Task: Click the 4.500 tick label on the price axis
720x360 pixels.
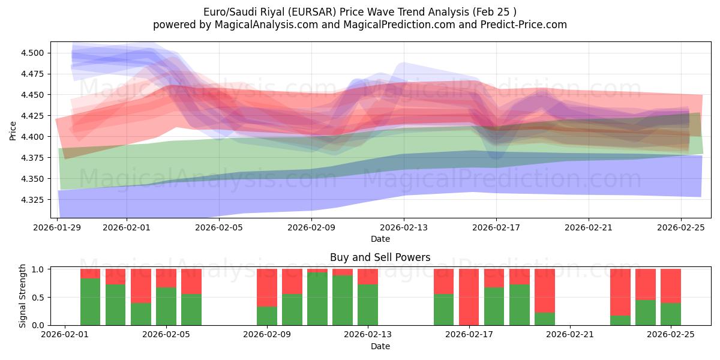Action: pyautogui.click(x=34, y=53)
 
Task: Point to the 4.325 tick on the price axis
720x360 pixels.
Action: pyautogui.click(x=34, y=200)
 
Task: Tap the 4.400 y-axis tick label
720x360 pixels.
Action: pyautogui.click(x=34, y=137)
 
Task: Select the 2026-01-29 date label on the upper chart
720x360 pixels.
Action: pyautogui.click(x=58, y=228)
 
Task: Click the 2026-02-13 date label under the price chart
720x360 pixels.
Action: pyautogui.click(x=403, y=228)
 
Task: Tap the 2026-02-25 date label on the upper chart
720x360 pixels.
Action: pyautogui.click(x=681, y=228)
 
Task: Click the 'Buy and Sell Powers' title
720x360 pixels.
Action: pyautogui.click(x=380, y=257)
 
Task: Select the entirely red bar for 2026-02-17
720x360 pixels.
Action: pyautogui.click(x=469, y=297)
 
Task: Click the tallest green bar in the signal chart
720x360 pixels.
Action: pyautogui.click(x=317, y=299)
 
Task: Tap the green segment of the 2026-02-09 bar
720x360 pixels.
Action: pyautogui.click(x=267, y=316)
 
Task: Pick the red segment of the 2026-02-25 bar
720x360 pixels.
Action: pyautogui.click(x=671, y=286)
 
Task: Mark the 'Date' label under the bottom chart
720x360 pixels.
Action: pyautogui.click(x=380, y=346)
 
